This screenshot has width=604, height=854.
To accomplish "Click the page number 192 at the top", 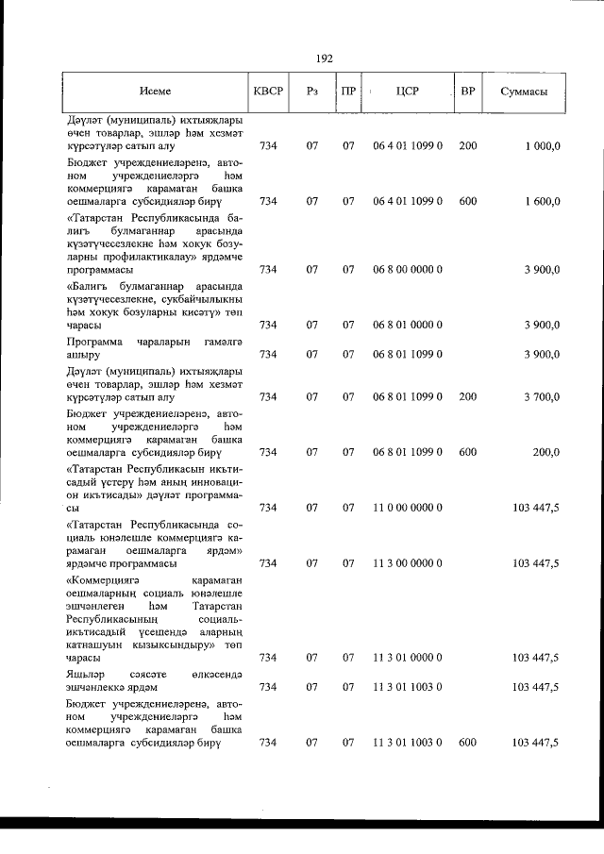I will [325, 58].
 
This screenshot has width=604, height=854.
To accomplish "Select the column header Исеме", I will [155, 92].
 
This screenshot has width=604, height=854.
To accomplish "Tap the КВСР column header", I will [268, 92].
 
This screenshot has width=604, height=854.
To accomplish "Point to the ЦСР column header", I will [408, 92].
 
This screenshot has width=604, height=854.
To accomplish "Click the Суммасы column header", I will [525, 92].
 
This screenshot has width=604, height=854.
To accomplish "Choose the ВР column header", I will [467, 92].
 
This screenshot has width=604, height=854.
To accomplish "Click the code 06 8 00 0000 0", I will [408, 269].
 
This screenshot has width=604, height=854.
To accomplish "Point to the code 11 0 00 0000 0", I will [408, 508].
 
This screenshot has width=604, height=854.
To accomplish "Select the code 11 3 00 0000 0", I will [408, 563].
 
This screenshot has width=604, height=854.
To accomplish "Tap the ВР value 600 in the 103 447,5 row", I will [467, 744].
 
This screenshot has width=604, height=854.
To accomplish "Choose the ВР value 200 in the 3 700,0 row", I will [467, 396].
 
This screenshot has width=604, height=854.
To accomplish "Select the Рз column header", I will [312, 92].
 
